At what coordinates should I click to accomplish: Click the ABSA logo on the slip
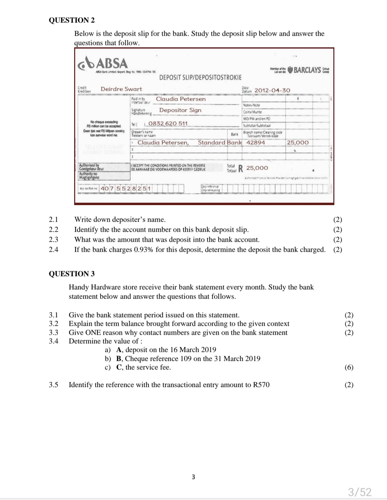(103, 64)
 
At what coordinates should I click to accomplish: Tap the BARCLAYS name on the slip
(307, 70)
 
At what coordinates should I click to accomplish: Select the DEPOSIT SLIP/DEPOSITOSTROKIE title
(200, 77)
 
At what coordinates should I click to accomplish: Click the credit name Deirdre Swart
(121, 89)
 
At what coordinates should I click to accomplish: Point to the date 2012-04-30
(272, 90)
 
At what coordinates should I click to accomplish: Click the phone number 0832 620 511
(168, 123)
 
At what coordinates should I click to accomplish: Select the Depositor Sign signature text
(180, 110)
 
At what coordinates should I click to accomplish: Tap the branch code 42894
(256, 142)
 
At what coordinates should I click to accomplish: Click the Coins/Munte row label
(252, 112)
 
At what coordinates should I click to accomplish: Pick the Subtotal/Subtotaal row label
(257, 126)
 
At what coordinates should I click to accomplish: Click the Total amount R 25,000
(253, 168)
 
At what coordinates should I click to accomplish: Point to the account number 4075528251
(126, 188)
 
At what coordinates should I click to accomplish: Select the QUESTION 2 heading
(72, 20)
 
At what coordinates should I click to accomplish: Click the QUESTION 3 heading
(72, 274)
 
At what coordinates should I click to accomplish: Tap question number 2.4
(53, 250)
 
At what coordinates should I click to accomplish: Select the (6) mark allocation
(349, 367)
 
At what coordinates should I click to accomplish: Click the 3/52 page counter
(360, 492)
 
